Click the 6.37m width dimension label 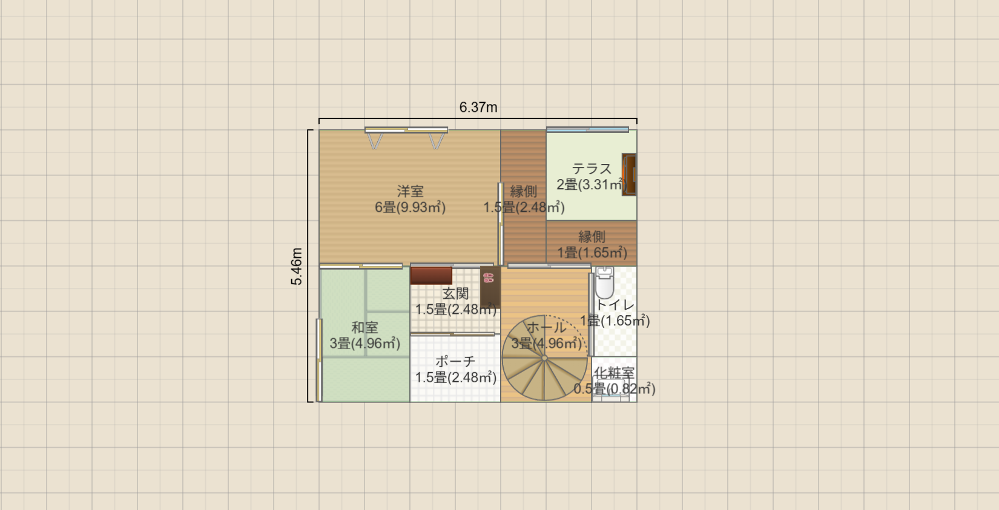[x=478, y=107]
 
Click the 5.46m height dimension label [x=296, y=266]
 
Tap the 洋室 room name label [x=410, y=191]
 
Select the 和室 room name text [x=364, y=327]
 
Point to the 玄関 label [x=455, y=293]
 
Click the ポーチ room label [x=455, y=361]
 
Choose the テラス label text [x=592, y=169]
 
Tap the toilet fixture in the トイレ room [x=604, y=281]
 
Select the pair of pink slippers [x=488, y=278]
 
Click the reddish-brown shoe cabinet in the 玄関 [x=431, y=275]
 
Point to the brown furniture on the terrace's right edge [x=629, y=174]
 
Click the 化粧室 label [x=614, y=373]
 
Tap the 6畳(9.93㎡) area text [x=410, y=208]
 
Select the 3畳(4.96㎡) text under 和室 [x=364, y=344]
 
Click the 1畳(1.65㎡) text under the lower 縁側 [x=592, y=253]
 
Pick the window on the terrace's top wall [x=587, y=129]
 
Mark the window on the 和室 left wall [x=318, y=359]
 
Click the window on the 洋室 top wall [x=406, y=129]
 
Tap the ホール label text [x=546, y=327]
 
